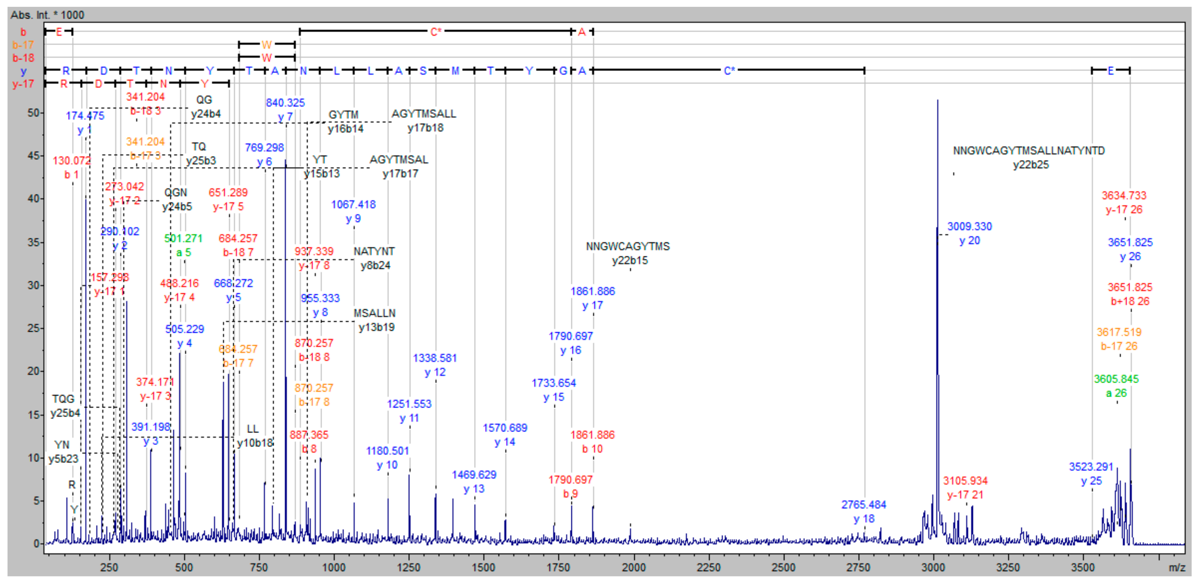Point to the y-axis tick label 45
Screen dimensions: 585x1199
pyautogui.click(x=33, y=156)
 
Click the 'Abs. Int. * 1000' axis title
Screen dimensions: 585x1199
pyautogui.click(x=47, y=15)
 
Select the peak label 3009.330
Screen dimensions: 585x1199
pyautogui.click(x=969, y=227)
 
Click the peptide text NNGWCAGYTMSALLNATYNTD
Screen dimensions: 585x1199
pyautogui.click(x=1029, y=151)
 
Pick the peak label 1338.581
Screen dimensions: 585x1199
pyautogui.click(x=435, y=358)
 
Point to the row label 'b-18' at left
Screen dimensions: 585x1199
pyautogui.click(x=23, y=58)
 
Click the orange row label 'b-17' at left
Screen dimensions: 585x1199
pyautogui.click(x=23, y=45)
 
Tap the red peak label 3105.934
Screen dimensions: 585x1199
pyautogui.click(x=965, y=481)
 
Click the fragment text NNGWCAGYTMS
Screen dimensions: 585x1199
pyautogui.click(x=628, y=246)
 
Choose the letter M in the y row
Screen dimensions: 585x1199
pyautogui.click(x=455, y=71)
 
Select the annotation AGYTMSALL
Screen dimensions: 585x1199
pyautogui.click(x=424, y=114)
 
